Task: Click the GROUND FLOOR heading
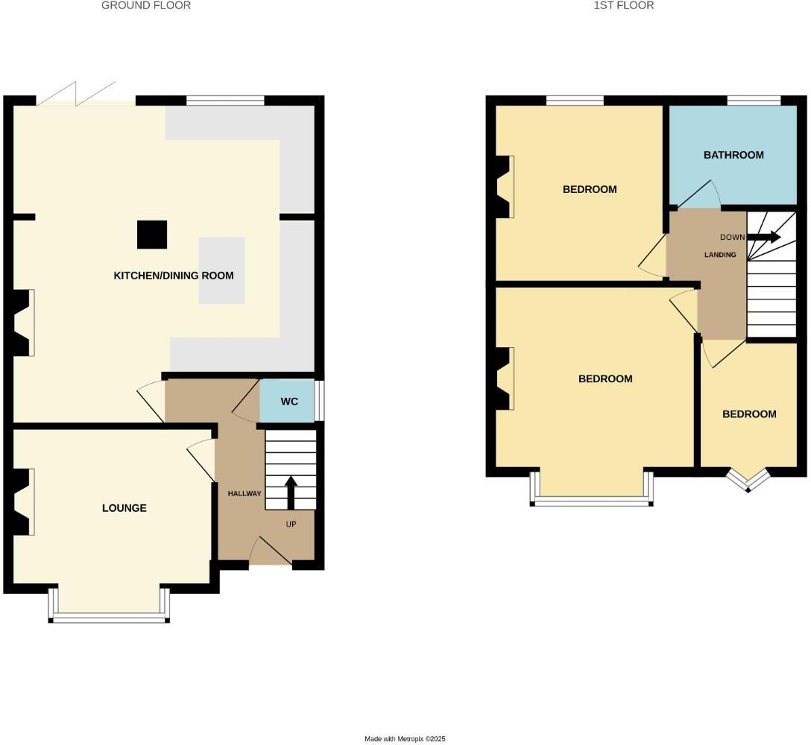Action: click(146, 5)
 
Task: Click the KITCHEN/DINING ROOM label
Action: click(173, 276)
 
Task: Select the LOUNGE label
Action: click(124, 508)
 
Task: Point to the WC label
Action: click(289, 402)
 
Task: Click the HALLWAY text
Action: click(244, 493)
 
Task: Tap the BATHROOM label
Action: click(733, 155)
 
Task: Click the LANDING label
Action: click(720, 255)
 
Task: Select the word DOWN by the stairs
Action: click(732, 238)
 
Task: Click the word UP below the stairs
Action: click(291, 524)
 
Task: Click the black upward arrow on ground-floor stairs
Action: click(291, 492)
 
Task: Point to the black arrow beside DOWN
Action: click(764, 238)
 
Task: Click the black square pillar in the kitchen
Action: click(151, 235)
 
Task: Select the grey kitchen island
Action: click(221, 270)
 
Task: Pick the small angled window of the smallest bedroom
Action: click(748, 481)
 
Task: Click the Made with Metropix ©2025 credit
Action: click(405, 739)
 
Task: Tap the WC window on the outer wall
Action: click(319, 402)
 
